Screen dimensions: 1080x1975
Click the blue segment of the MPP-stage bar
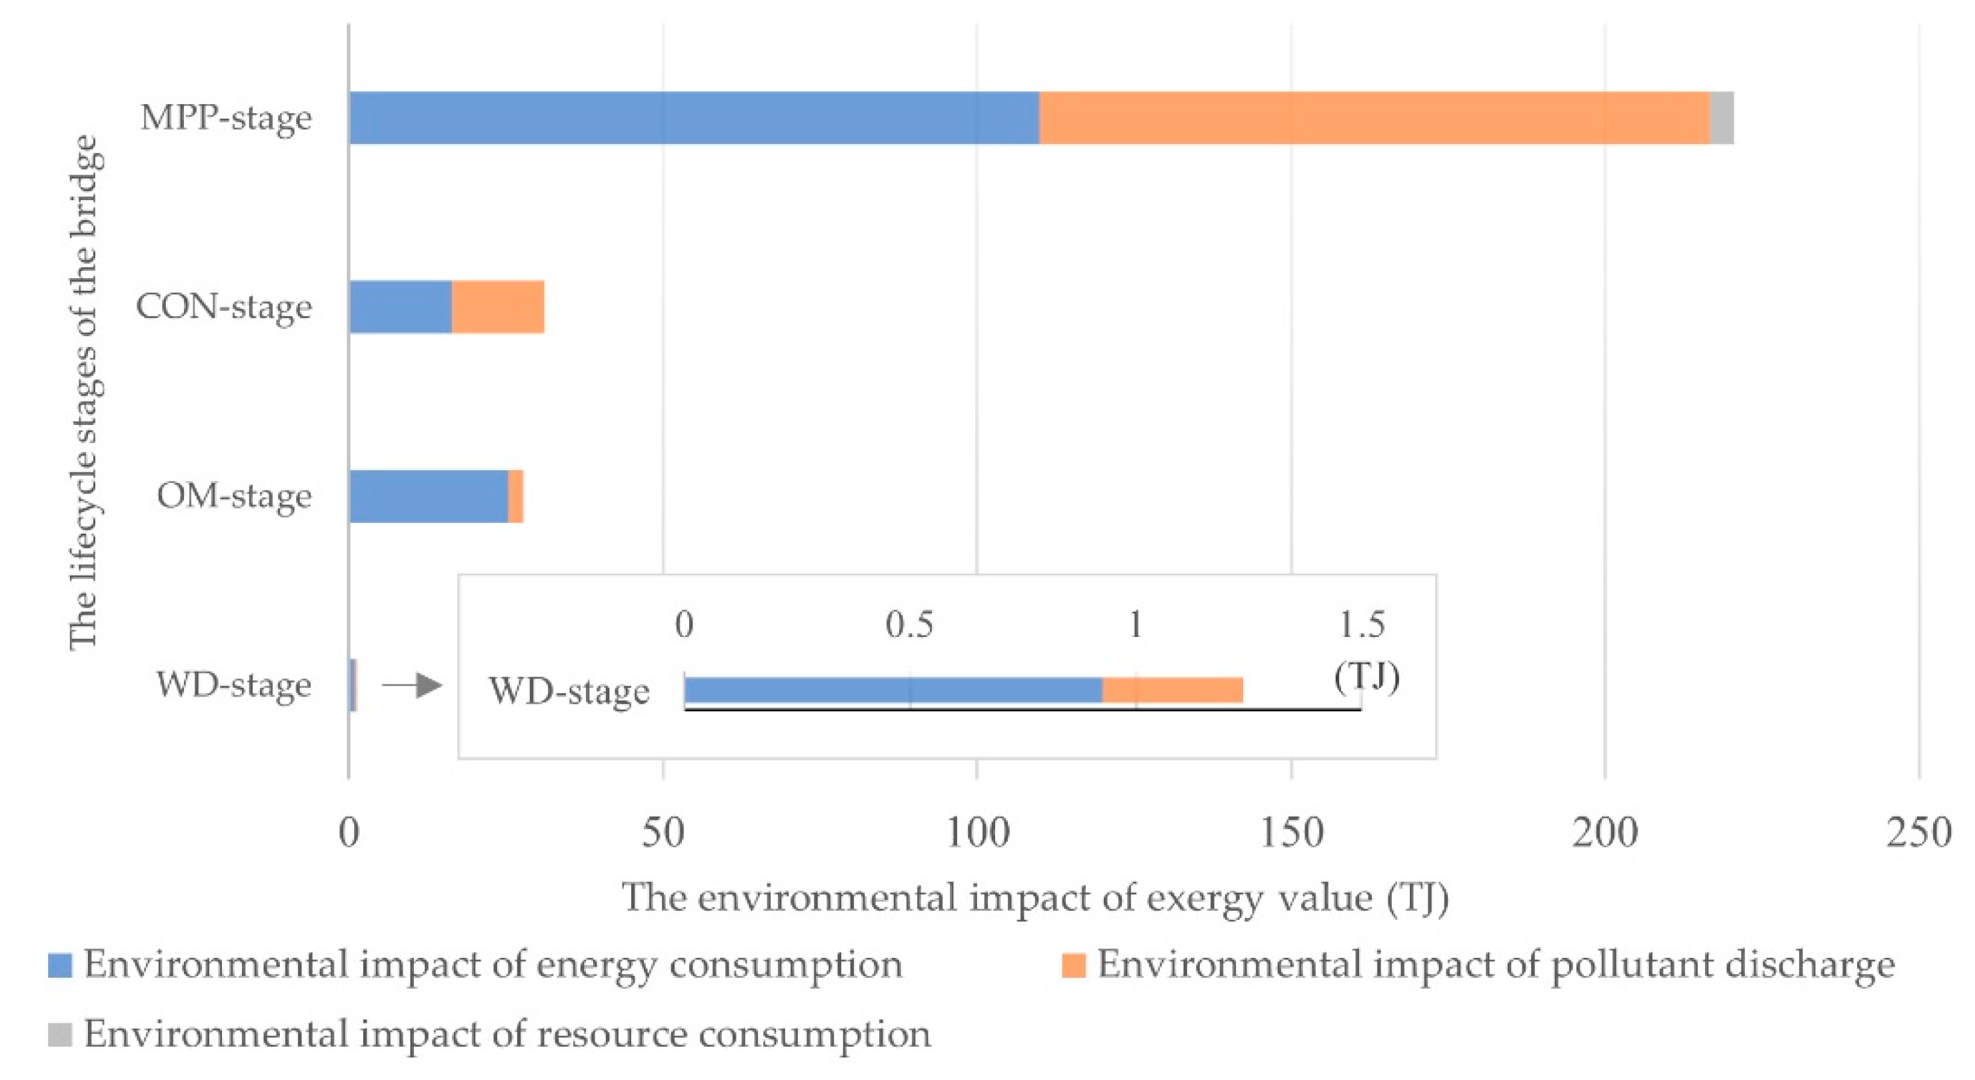694,117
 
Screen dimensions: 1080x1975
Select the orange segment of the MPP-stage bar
1374,117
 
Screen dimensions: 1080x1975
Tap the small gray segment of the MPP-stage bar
1721,117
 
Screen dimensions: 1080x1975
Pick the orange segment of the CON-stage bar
498,307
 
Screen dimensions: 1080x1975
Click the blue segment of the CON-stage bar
400,307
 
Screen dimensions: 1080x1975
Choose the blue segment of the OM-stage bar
428,496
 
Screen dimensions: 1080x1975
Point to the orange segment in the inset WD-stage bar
1172,690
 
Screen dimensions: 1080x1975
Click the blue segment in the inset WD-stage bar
893,690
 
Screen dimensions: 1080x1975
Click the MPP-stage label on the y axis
226,117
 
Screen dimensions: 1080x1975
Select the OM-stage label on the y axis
234,496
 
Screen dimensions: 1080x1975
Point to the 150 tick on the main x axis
1290,833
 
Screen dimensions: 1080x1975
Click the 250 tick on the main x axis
1918,833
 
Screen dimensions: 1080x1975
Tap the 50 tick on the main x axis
663,833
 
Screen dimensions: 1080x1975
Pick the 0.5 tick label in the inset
909,624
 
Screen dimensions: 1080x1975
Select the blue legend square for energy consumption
60,965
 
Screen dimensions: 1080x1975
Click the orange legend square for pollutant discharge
1073,965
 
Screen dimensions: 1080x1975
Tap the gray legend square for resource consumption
60,1034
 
